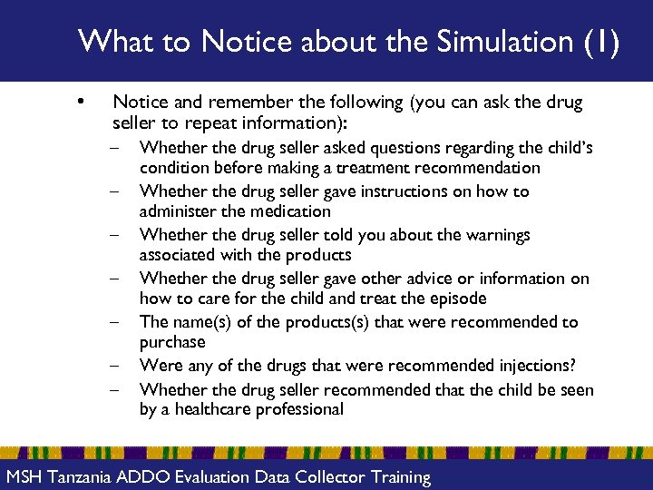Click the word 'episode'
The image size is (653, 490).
tap(458, 299)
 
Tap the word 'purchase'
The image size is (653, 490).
tap(172, 342)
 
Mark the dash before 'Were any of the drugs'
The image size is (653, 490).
tap(117, 366)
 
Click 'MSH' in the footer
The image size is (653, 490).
tap(24, 476)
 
